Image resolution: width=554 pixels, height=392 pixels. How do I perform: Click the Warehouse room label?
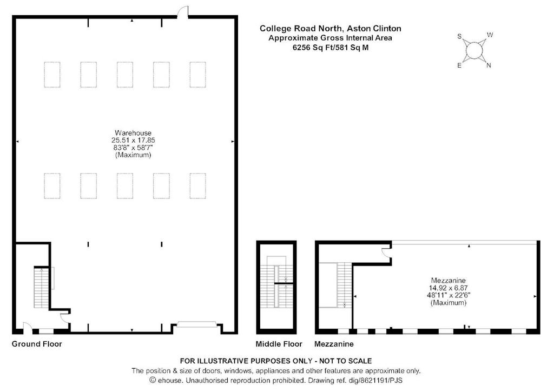133,133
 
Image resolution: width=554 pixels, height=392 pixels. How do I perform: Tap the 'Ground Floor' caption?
37,344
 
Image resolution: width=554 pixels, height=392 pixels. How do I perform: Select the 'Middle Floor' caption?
279,344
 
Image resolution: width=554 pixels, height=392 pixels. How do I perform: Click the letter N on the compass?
489,65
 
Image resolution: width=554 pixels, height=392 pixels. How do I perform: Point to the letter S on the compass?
460,36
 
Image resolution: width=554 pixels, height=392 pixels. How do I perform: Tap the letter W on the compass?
490,35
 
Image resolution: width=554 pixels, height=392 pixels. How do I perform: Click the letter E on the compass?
459,65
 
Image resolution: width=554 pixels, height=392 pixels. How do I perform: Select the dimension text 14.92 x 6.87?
449,288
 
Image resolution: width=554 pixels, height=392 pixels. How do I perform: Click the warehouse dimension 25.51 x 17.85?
133,140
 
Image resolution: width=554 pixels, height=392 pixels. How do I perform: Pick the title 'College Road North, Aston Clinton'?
331,28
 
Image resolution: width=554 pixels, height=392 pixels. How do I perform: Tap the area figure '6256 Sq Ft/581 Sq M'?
331,48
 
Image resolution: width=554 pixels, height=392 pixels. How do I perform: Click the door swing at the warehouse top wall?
182,12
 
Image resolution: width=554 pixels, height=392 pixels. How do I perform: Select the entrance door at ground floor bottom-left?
28,328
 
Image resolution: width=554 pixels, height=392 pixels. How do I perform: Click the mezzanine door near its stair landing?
386,253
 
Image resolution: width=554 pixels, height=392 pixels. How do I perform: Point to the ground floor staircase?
41,288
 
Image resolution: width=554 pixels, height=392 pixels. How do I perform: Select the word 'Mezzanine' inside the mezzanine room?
449,281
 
